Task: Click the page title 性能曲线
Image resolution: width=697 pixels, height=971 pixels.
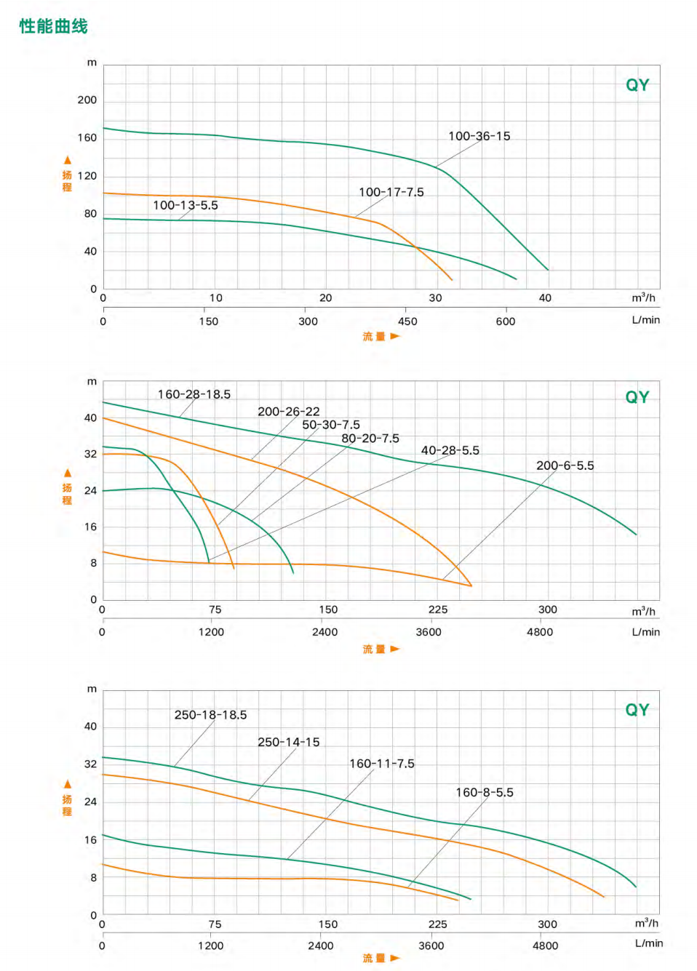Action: tap(53, 26)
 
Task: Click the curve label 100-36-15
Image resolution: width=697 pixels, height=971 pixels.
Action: tap(479, 136)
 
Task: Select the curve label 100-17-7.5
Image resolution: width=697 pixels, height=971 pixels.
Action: tap(391, 192)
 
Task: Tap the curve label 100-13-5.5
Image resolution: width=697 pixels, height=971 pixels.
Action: tap(185, 205)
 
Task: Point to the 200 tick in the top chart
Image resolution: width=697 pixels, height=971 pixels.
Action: tap(87, 100)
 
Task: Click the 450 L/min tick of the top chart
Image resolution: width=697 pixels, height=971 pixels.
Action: tap(407, 321)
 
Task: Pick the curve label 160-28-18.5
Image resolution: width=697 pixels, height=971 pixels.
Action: tap(194, 394)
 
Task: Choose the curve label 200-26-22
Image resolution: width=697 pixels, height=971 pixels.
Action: tap(288, 412)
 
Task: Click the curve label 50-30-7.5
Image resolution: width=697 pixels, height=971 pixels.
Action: tap(330, 425)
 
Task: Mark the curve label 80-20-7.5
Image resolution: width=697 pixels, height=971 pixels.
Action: tap(370, 439)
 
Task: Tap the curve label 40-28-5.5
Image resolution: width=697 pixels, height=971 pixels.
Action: tap(450, 450)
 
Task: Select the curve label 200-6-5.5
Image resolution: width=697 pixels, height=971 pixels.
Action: tap(565, 465)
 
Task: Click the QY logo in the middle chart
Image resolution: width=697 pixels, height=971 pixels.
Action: tap(637, 397)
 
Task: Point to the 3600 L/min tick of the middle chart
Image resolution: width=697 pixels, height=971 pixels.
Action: tap(429, 632)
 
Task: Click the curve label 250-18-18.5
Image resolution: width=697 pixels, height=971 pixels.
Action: tap(210, 715)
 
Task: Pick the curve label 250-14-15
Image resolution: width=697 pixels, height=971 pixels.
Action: tap(288, 742)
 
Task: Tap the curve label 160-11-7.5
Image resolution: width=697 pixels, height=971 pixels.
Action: tap(381, 764)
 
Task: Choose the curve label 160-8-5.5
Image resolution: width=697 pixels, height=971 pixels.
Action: tap(484, 792)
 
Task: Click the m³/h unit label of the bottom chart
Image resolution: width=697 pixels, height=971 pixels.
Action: tap(646, 923)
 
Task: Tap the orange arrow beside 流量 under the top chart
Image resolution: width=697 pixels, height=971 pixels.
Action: tap(395, 336)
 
